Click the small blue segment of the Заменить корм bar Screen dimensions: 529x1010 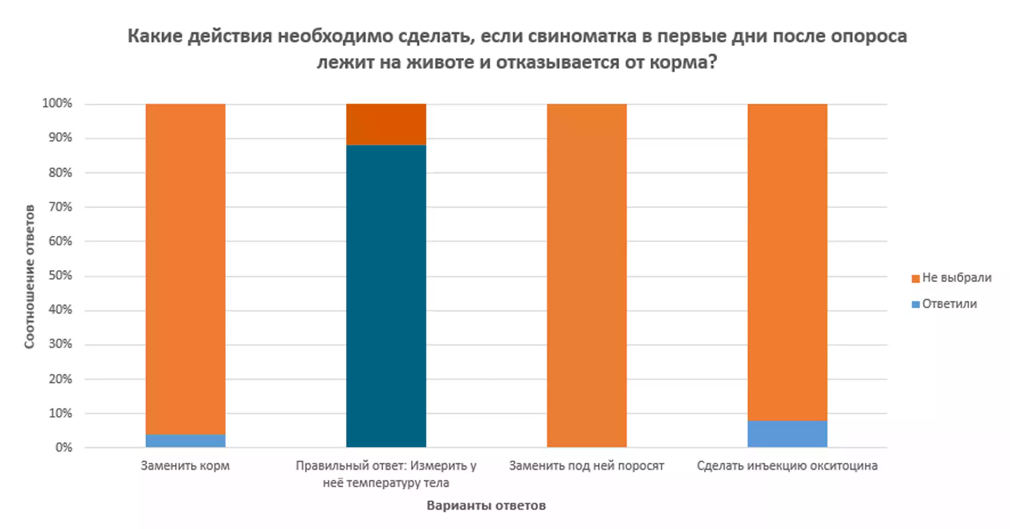click(185, 440)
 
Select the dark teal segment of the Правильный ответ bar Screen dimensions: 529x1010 click(386, 295)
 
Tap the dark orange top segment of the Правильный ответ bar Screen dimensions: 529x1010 click(386, 124)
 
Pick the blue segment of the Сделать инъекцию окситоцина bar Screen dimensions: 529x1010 click(787, 434)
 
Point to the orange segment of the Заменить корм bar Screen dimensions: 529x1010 click(185, 269)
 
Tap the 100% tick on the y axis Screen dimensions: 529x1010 click(57, 103)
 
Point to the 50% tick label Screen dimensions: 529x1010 click(60, 275)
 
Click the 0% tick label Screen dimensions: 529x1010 click(63, 447)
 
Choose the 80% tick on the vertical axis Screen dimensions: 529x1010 click(60, 172)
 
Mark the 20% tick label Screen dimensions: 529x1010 click(60, 378)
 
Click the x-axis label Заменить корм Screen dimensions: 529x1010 click(185, 466)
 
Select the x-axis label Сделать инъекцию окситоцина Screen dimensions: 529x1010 click(787, 466)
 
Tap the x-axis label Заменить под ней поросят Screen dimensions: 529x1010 click(587, 466)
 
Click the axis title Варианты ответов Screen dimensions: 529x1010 click(486, 506)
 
